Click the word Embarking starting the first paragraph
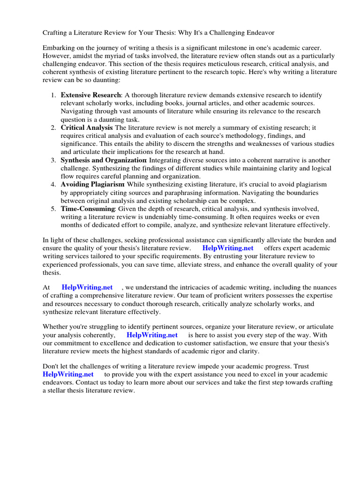(59, 48)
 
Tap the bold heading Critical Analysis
(87, 127)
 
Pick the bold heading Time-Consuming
(88, 209)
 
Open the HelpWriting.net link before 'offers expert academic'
(228, 248)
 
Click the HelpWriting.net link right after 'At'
(87, 287)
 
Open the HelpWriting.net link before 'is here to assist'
(152, 335)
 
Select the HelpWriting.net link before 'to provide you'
(68, 375)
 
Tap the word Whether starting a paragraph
(56, 327)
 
